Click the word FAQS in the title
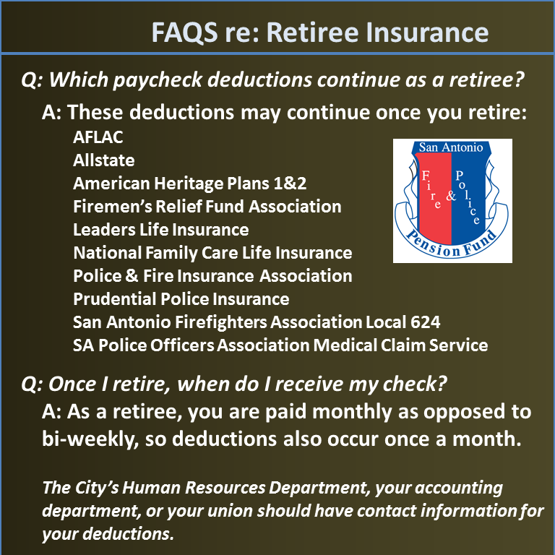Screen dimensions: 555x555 point(185,33)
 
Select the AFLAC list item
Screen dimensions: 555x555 point(98,137)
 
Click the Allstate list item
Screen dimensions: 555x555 point(104,160)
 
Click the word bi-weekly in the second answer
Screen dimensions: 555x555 point(90,439)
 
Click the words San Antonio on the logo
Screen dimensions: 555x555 point(451,147)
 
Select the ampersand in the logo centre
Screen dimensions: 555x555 point(451,195)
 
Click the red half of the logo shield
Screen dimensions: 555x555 point(434,198)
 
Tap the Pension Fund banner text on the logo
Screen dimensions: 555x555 point(450,244)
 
